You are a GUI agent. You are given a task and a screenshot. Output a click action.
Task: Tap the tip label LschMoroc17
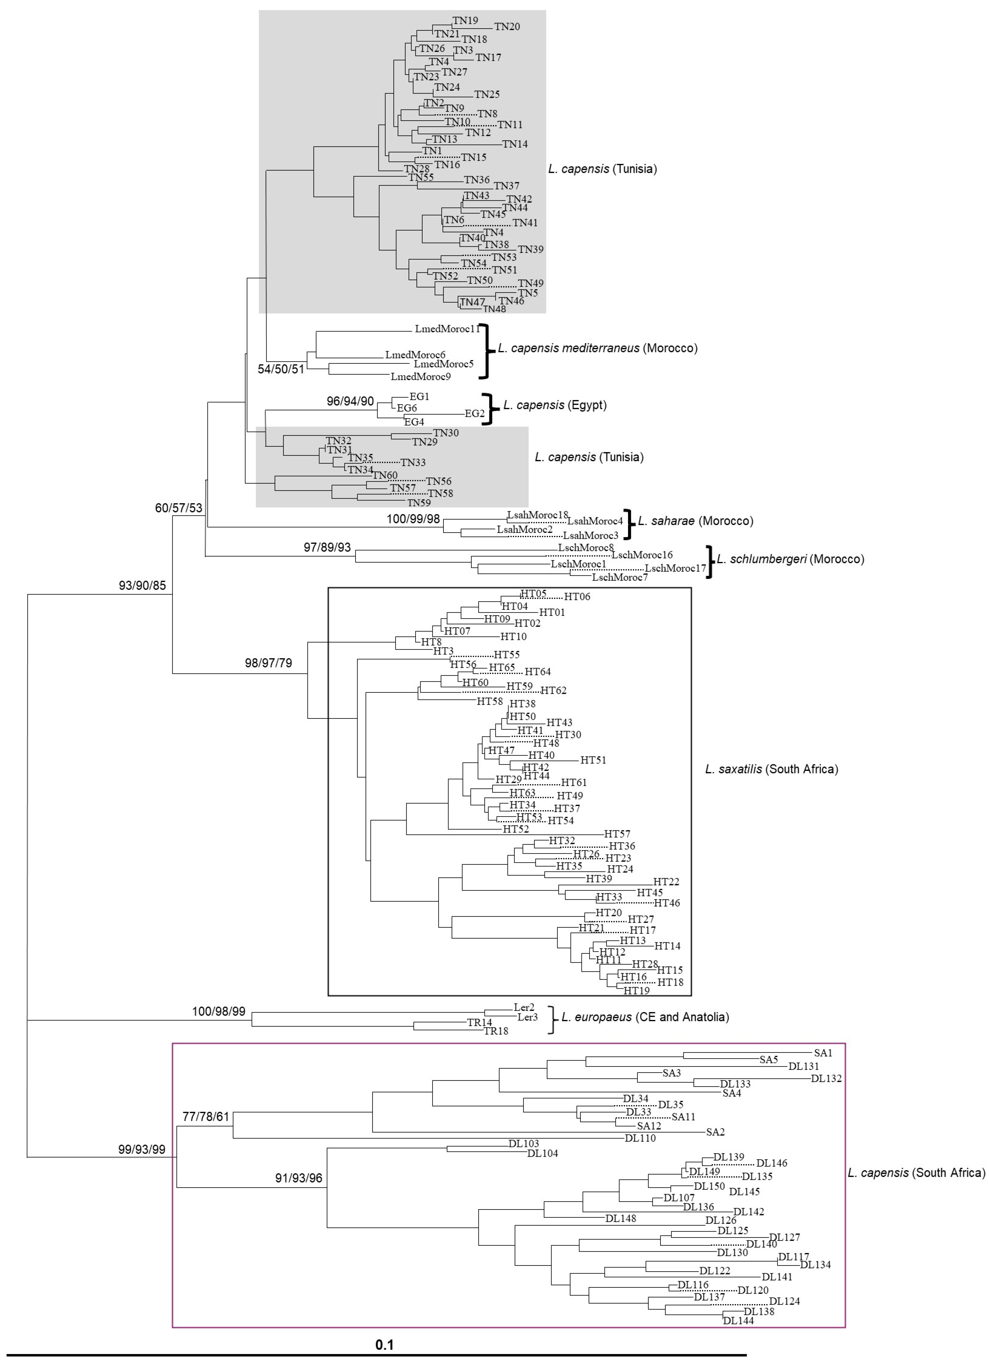(x=675, y=568)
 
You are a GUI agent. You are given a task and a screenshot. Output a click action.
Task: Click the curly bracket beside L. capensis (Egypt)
(x=492, y=409)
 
